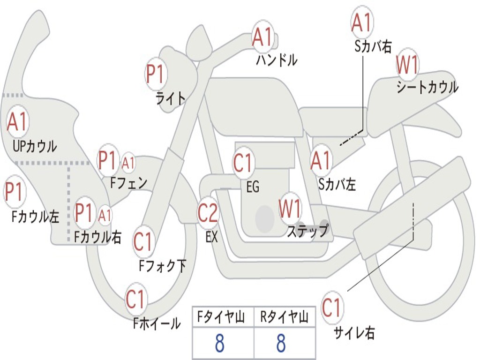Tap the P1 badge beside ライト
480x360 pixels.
[156, 74]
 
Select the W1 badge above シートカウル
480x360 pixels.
[407, 65]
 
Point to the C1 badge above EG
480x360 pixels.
[243, 162]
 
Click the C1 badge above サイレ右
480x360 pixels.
[331, 307]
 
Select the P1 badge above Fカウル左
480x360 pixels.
[15, 192]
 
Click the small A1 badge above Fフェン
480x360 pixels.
[128, 163]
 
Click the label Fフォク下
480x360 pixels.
[163, 266]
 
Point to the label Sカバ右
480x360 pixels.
[373, 46]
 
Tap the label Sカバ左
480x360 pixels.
[337, 184]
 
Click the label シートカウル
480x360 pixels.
[427, 87]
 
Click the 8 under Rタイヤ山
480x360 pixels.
[281, 343]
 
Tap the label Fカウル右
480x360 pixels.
[98, 237]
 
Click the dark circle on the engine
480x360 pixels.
[265, 218]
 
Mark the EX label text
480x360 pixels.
[211, 237]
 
